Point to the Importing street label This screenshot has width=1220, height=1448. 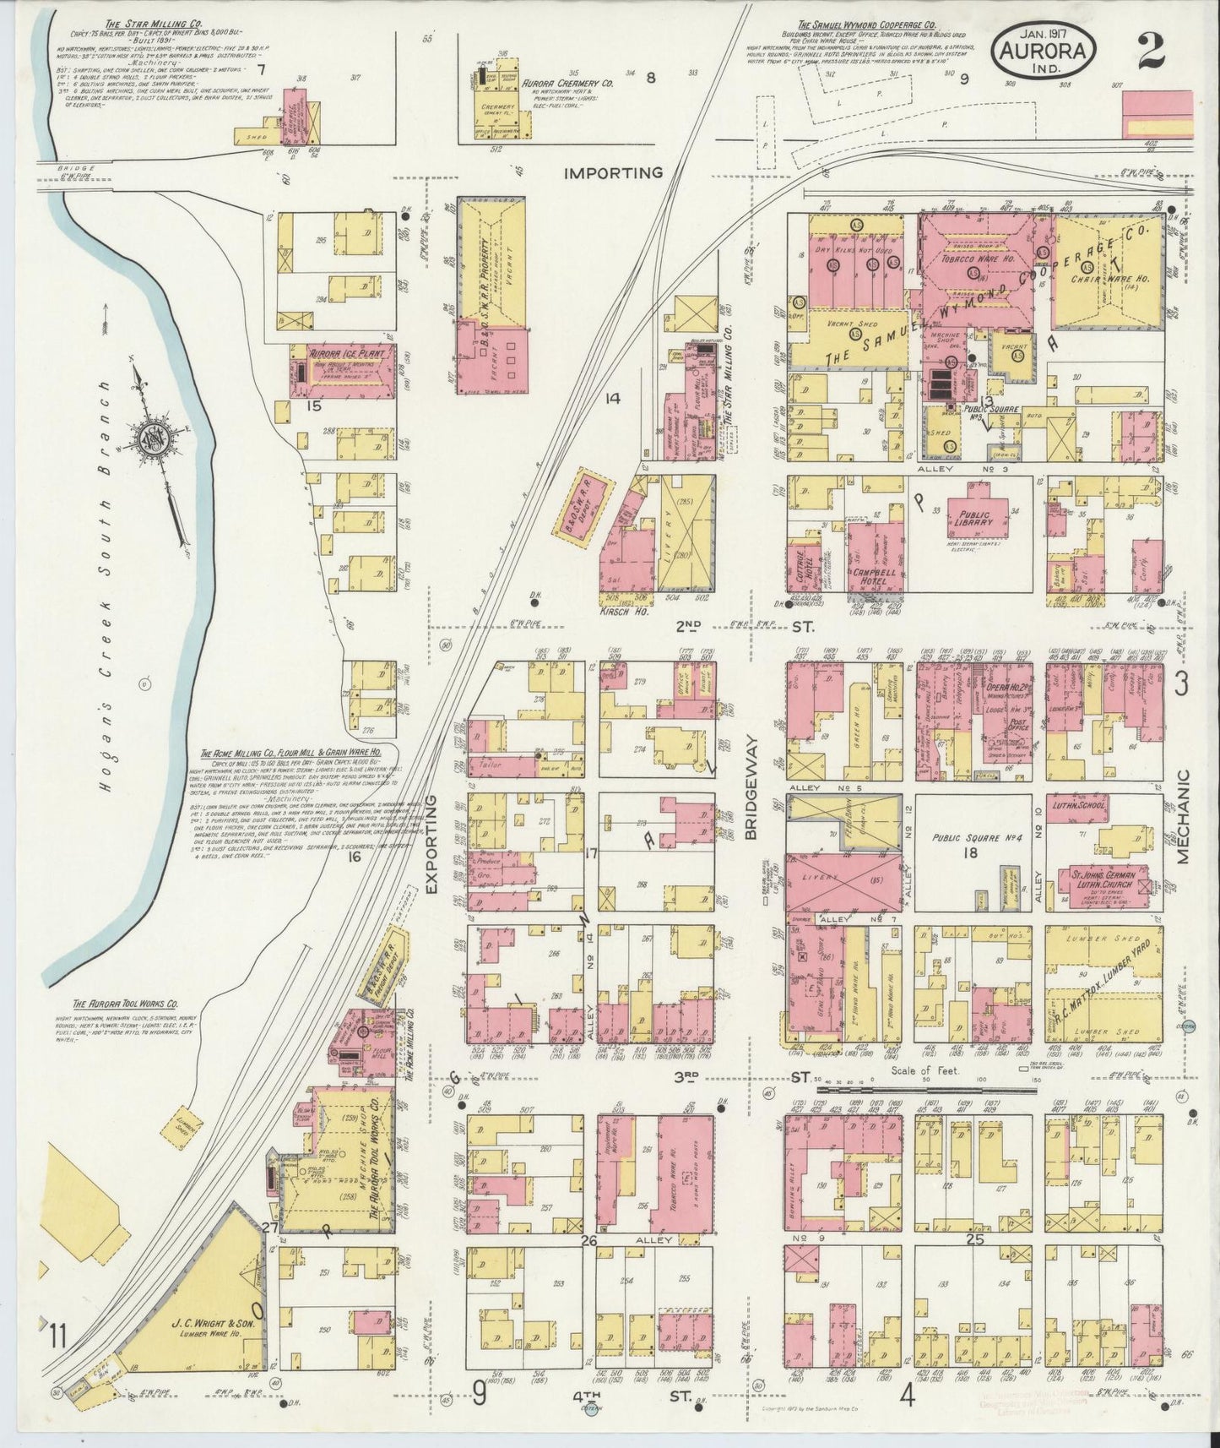click(x=613, y=173)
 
